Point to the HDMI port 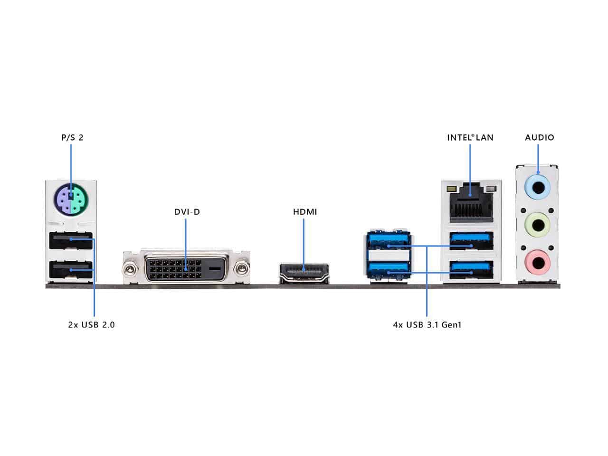point(304,273)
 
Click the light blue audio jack point(538,188)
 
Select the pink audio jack point(538,262)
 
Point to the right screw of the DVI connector point(243,269)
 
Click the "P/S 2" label point(72,138)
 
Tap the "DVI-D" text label point(187,211)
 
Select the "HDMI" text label point(304,211)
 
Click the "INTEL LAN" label point(470,138)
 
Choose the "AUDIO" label point(539,138)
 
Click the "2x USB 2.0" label point(91,325)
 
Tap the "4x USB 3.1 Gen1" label point(427,325)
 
